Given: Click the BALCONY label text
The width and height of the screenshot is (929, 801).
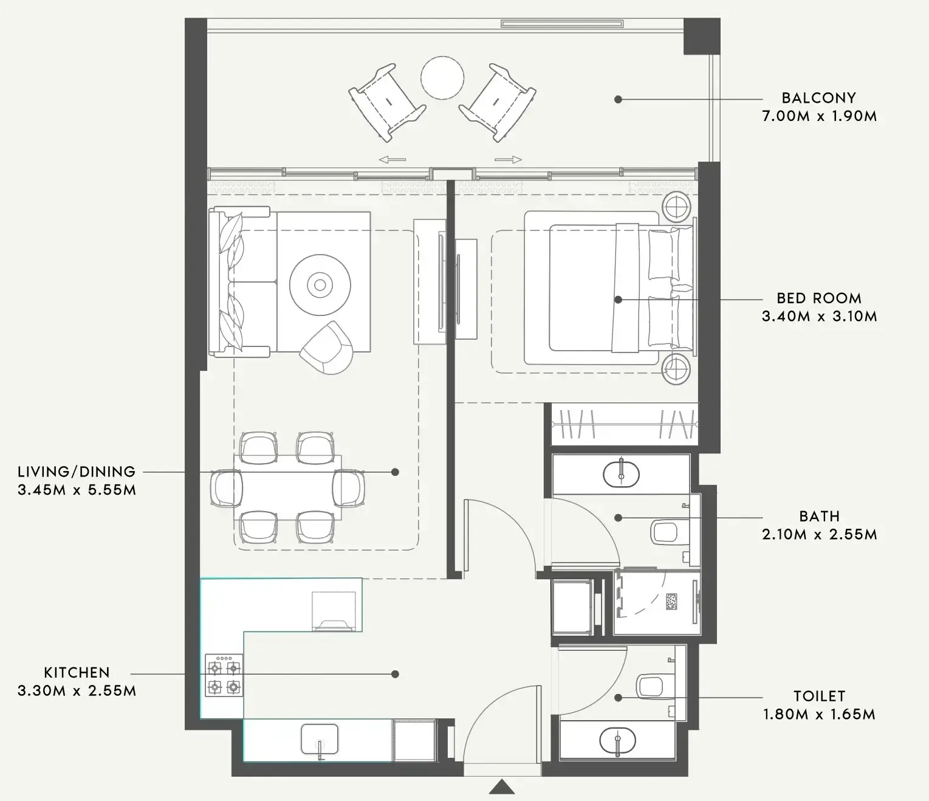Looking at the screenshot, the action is click(819, 98).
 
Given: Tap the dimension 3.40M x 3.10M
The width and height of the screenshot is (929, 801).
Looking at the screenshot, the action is click(820, 317).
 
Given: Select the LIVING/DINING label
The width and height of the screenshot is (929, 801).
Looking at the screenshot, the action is click(77, 472).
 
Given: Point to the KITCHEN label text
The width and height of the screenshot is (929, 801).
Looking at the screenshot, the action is click(77, 672).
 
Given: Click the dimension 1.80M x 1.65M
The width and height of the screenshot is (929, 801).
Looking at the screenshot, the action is click(820, 714).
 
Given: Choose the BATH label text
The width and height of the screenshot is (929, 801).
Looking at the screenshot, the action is click(820, 516).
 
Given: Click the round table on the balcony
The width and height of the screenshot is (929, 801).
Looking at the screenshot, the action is click(442, 78).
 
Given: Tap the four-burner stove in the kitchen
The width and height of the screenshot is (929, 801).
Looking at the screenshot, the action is click(224, 675).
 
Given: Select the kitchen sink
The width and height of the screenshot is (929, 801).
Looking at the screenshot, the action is click(320, 740).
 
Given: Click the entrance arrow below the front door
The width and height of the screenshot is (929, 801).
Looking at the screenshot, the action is click(502, 787).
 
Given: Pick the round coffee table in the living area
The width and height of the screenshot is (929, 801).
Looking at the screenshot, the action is click(320, 285).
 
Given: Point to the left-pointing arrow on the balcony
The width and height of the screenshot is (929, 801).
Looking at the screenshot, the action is click(392, 160).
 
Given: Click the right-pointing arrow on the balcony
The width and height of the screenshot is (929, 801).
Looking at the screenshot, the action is click(509, 160).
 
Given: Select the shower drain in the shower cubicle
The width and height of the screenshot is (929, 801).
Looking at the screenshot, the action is click(671, 602).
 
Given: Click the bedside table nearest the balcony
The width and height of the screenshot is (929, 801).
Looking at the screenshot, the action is click(676, 208).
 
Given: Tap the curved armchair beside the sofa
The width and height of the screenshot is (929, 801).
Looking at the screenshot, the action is click(327, 348).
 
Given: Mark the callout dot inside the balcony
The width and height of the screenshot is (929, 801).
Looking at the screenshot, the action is click(618, 99).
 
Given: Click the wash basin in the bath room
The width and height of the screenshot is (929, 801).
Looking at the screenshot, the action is click(622, 474).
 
